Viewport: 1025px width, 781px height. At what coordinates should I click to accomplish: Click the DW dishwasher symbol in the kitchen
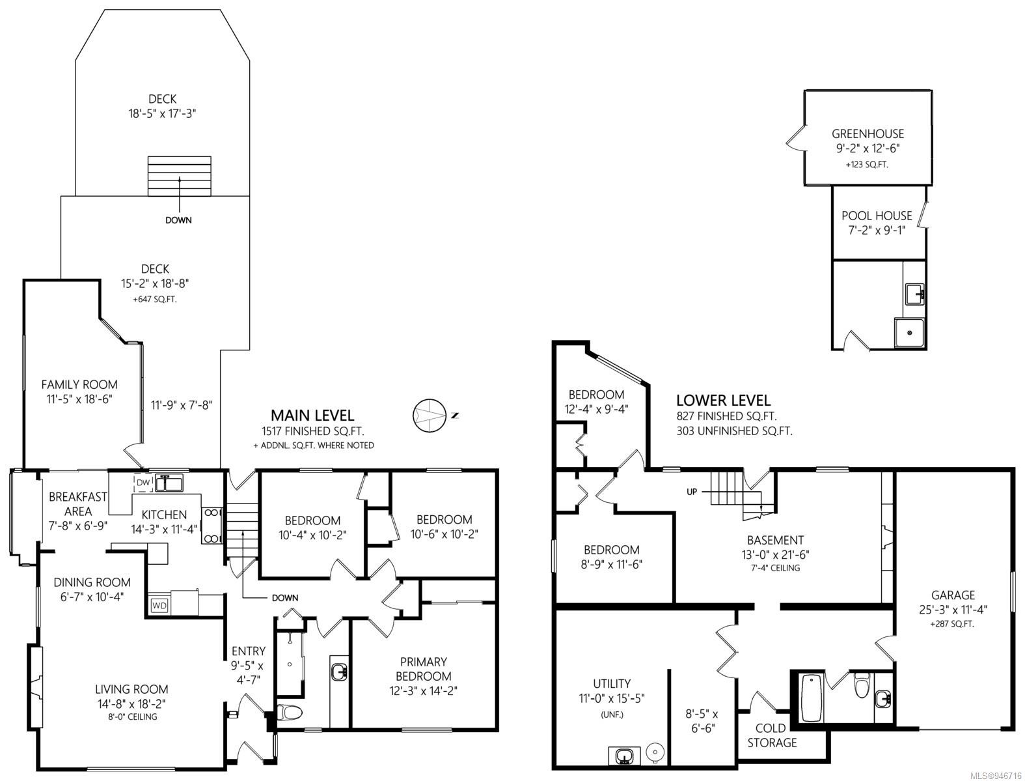(x=143, y=483)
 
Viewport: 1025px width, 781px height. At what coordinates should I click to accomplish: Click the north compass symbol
(x=429, y=415)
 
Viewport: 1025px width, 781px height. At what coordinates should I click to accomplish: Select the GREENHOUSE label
(x=868, y=134)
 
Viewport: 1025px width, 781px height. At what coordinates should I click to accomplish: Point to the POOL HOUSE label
(x=877, y=216)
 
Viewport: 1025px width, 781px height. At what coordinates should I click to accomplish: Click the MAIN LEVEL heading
(x=312, y=415)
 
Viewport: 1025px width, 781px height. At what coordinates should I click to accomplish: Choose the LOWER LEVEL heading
(x=723, y=400)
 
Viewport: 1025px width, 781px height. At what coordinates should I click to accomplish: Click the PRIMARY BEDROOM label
(x=423, y=669)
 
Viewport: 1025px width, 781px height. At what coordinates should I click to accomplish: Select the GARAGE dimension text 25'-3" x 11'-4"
(x=953, y=610)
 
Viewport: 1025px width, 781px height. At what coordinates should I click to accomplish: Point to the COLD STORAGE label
(x=771, y=735)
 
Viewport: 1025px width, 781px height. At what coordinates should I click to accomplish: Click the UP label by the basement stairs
(x=692, y=492)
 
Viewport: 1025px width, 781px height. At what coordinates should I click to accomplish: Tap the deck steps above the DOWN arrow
(x=180, y=177)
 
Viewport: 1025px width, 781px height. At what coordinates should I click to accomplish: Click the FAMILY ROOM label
(x=79, y=385)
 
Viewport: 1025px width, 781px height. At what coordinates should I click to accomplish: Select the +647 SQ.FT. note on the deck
(x=155, y=299)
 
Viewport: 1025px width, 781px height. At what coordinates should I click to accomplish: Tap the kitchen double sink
(x=169, y=482)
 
